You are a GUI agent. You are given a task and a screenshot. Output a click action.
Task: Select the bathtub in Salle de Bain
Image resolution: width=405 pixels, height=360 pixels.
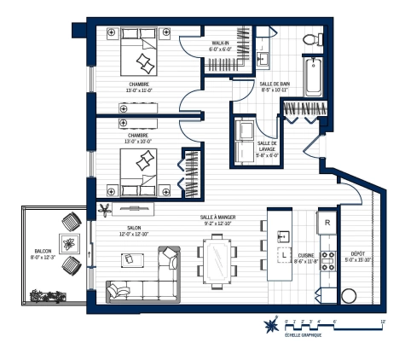point(315,76)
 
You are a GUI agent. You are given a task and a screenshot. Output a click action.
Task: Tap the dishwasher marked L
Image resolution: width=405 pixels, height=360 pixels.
point(283,255)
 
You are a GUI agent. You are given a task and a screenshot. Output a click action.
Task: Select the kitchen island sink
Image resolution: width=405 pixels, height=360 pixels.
point(283,232)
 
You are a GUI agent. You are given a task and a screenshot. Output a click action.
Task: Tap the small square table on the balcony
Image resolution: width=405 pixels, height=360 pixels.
point(68,241)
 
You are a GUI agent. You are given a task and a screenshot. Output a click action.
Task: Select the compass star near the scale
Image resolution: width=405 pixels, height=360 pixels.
point(272,325)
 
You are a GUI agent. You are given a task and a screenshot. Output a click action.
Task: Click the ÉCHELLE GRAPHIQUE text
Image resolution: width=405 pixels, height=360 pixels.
point(304,336)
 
